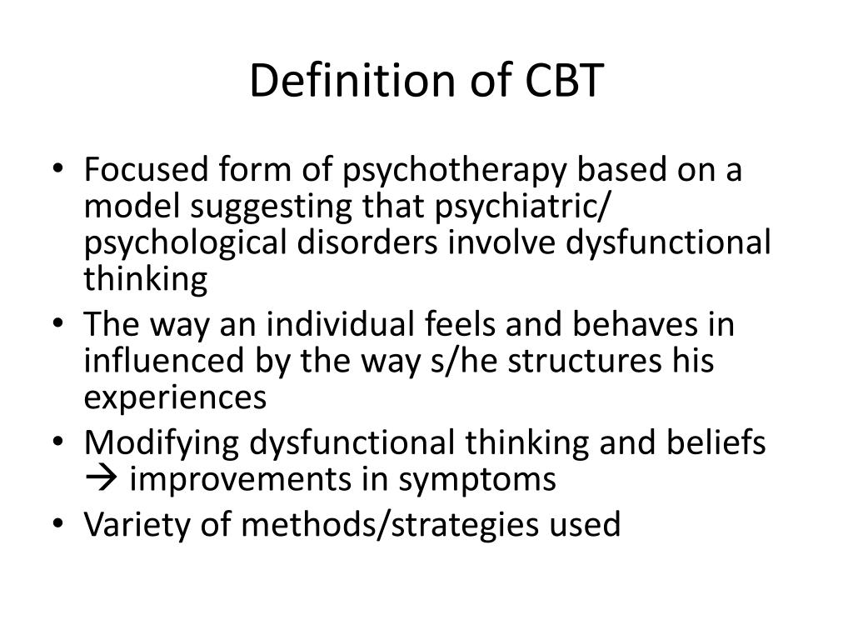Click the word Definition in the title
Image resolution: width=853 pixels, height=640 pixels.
point(352,81)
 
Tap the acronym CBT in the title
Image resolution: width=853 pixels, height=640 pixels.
point(564,81)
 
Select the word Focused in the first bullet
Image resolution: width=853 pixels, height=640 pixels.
point(147,169)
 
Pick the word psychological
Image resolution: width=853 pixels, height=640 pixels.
point(185,245)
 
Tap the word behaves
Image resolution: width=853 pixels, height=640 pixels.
point(635,324)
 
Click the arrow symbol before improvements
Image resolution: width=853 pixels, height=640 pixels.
point(101,479)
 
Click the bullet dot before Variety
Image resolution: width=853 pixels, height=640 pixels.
point(58,524)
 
